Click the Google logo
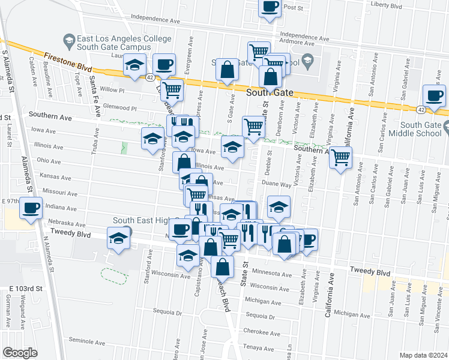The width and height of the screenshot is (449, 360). (x=20, y=353)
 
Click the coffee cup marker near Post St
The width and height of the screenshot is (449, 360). (x=270, y=7)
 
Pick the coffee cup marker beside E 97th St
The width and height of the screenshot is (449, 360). (x=30, y=208)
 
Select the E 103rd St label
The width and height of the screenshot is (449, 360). (x=27, y=289)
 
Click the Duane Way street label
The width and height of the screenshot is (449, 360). (x=277, y=186)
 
